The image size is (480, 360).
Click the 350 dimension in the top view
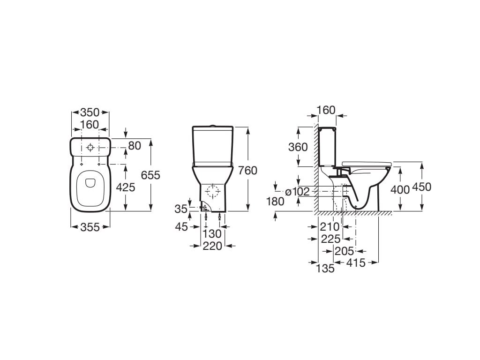pos(90,112)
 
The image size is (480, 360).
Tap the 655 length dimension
pos(150,175)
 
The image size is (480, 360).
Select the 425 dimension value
pos(126,187)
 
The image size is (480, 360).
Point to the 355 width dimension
pos(90,227)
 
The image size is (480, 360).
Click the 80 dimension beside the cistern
pos(135,146)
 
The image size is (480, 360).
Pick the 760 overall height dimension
pos(247,171)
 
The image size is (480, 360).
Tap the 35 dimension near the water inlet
pos(181,209)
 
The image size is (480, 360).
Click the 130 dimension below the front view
pos(212,234)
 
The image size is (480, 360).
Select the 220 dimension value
pos(212,246)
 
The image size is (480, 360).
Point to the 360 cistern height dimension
pos(298,147)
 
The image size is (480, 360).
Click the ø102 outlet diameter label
pos(297,192)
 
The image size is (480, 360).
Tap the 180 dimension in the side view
pos(275,202)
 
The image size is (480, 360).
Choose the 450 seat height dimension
pos(421,187)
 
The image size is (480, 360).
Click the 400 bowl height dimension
pos(400,190)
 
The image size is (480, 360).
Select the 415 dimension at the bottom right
pos(356,262)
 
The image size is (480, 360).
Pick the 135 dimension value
pos(325,269)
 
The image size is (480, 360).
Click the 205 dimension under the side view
pos(345,251)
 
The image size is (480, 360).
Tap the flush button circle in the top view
pos(90,148)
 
